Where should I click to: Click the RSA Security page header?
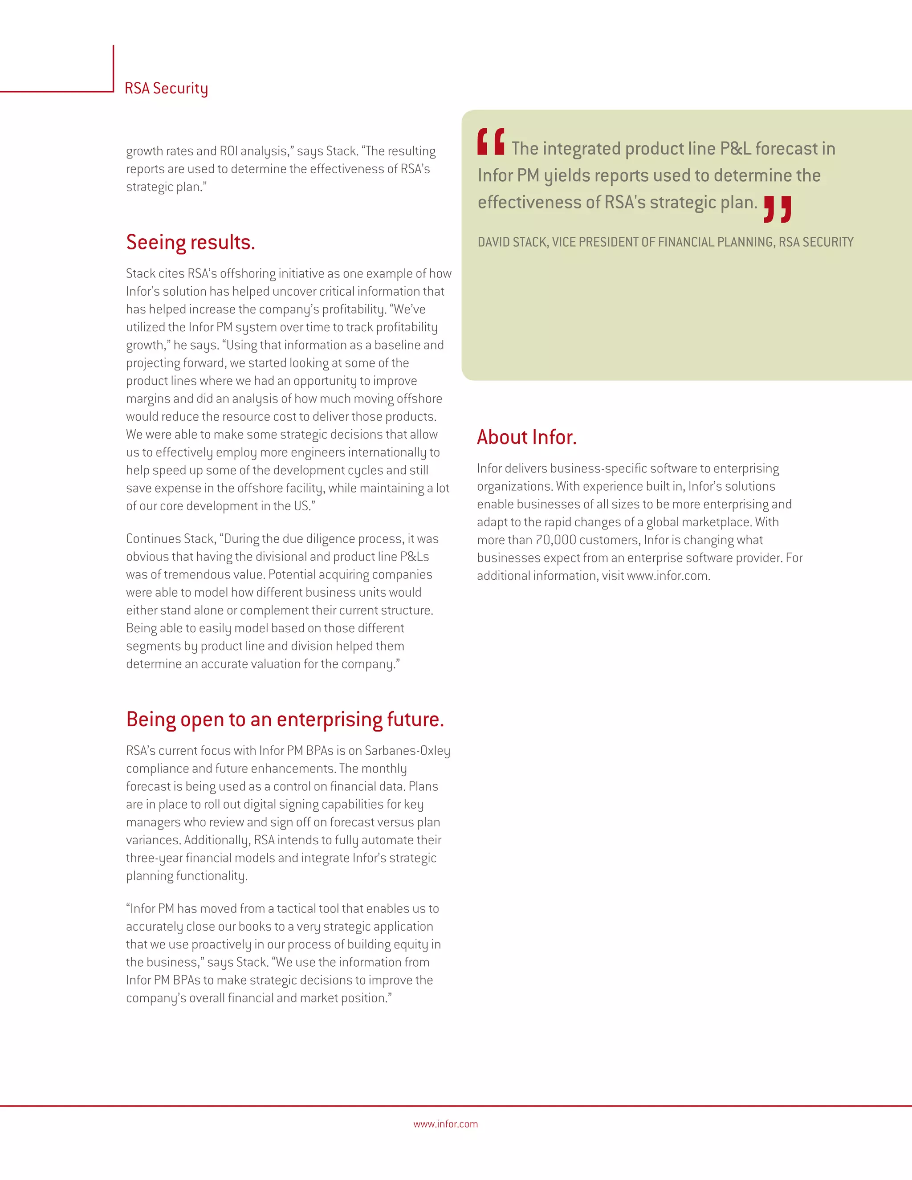click(x=166, y=88)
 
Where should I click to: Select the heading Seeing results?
click(x=190, y=242)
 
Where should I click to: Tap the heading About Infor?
click(x=526, y=437)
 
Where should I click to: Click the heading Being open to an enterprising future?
click(x=285, y=719)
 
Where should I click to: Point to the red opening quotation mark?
click(x=491, y=142)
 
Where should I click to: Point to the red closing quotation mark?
click(x=778, y=209)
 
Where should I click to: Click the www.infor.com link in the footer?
click(x=445, y=1124)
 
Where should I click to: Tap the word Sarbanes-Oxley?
click(x=407, y=750)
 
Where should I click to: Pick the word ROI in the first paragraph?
click(x=228, y=151)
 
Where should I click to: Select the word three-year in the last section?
click(x=154, y=858)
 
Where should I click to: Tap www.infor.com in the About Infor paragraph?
click(x=668, y=576)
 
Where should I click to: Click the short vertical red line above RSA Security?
click(x=114, y=68)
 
